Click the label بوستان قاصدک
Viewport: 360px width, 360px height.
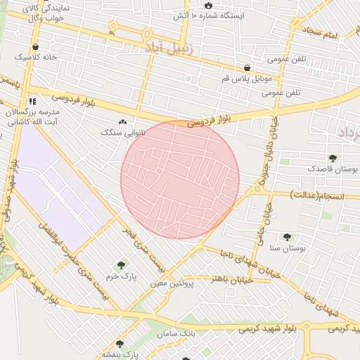pyautogui.click(x=332, y=169)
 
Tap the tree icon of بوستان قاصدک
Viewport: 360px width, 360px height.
pyautogui.click(x=332, y=159)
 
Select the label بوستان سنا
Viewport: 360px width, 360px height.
pyautogui.click(x=285, y=248)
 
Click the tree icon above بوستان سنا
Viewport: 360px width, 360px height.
pyautogui.click(x=286, y=238)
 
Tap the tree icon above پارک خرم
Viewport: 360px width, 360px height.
pyautogui.click(x=122, y=265)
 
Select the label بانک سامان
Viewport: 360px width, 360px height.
pyautogui.click(x=177, y=333)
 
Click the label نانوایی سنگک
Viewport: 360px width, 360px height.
pyautogui.click(x=122, y=131)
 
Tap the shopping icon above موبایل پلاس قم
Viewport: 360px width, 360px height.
pyautogui.click(x=247, y=68)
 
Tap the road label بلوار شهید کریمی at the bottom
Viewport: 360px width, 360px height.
pyautogui.click(x=316, y=327)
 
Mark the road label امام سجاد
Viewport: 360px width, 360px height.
pyautogui.click(x=322, y=32)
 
